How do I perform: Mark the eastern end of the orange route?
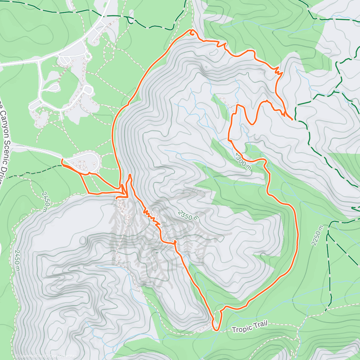[292, 119]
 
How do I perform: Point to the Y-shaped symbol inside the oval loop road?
[94, 164]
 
